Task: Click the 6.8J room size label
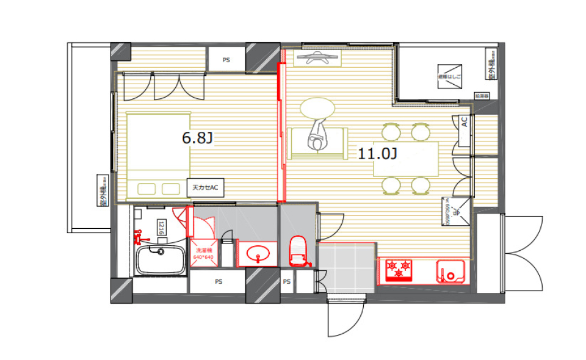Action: coord(197,139)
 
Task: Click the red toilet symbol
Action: coord(297,251)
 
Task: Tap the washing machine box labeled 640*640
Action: coord(204,253)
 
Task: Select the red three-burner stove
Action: coord(399,270)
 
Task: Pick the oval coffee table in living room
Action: coord(317,108)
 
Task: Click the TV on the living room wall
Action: coord(316,59)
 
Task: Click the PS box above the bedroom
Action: coord(226,60)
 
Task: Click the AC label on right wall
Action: coord(465,122)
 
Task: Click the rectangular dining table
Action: coord(406,159)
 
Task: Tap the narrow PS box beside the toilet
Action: coord(287,282)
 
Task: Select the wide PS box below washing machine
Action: coord(217,282)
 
